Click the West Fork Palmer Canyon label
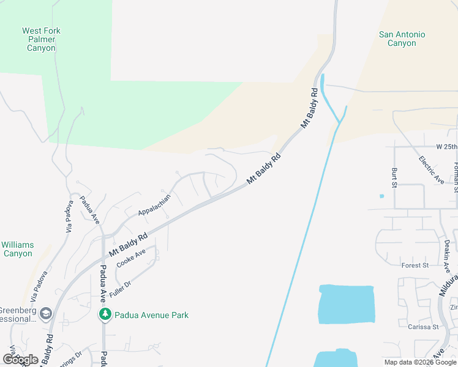(x=41, y=39)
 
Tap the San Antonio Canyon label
(x=402, y=39)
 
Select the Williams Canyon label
(x=18, y=249)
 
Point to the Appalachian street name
(x=154, y=205)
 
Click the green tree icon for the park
(x=105, y=314)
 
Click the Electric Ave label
(x=431, y=169)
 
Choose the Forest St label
(x=415, y=265)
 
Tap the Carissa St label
(x=423, y=327)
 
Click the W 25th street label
(x=446, y=147)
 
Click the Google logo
(x=20, y=360)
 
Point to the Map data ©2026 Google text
(x=420, y=362)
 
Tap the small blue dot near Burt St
(x=381, y=196)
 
